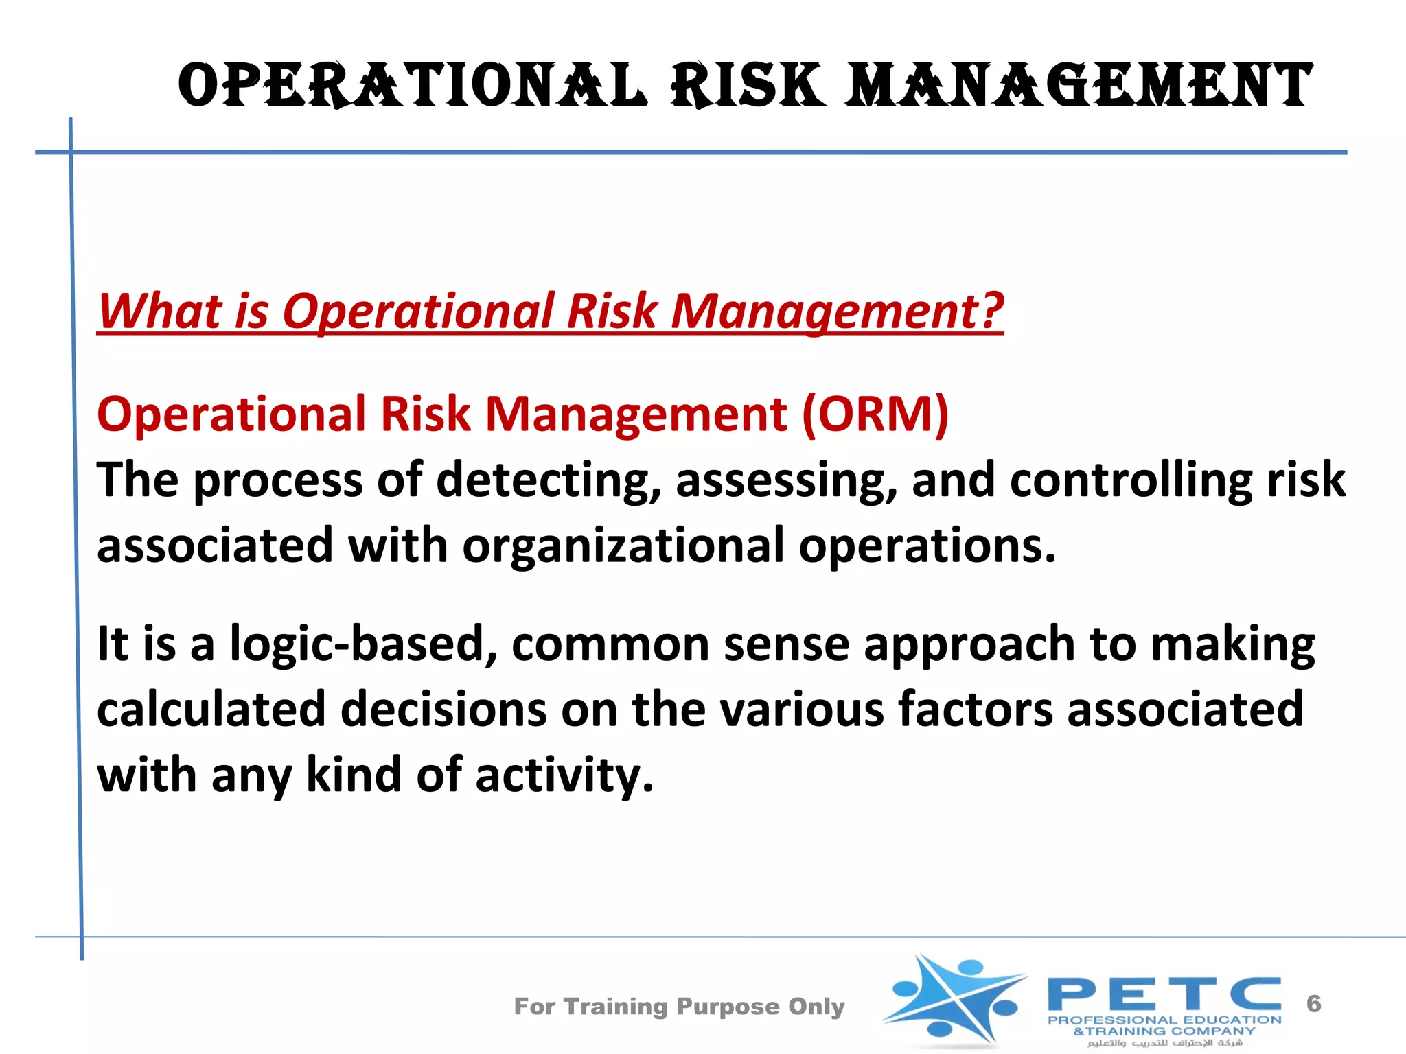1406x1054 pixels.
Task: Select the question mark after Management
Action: point(991,310)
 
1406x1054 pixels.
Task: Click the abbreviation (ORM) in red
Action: point(875,414)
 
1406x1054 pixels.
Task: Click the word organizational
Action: point(623,546)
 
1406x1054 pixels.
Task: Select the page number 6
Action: point(1313,1004)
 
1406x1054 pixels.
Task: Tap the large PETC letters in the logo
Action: point(1164,994)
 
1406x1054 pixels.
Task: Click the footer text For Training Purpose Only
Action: point(679,1007)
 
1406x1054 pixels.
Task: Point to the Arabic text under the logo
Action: point(1165,1043)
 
